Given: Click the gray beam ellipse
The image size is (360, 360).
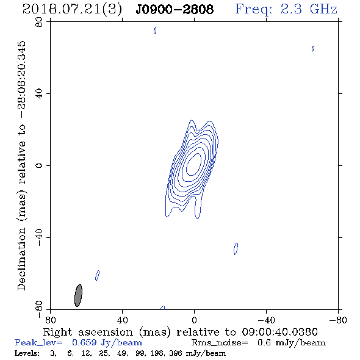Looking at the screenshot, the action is point(78,295).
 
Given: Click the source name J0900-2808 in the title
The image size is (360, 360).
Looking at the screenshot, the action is point(175,10).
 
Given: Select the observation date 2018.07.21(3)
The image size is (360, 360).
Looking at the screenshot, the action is point(73,10).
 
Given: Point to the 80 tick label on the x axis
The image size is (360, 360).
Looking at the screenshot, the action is point(50,320).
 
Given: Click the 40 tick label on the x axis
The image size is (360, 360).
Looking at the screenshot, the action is point(122,320).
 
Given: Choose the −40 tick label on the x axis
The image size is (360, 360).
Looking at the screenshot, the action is point(266,320).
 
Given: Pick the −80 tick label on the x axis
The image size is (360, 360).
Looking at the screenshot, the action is point(338,320).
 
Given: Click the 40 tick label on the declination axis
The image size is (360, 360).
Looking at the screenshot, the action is point(39,94).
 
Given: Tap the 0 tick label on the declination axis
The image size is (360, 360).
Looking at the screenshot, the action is point(39,165).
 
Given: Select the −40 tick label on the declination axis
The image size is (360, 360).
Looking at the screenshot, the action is point(39,237).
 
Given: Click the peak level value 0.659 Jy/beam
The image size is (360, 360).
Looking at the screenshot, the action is point(107,343).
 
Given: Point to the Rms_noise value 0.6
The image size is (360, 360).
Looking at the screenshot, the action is point(264,343).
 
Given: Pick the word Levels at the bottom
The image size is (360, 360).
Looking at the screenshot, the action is point(27,353).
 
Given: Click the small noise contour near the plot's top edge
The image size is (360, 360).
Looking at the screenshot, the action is point(155,31).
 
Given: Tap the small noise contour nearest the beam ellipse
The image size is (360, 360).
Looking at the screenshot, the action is point(98,275).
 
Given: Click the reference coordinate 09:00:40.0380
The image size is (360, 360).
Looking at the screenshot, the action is point(279,332).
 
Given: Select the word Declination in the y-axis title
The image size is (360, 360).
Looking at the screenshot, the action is point(21,259).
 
